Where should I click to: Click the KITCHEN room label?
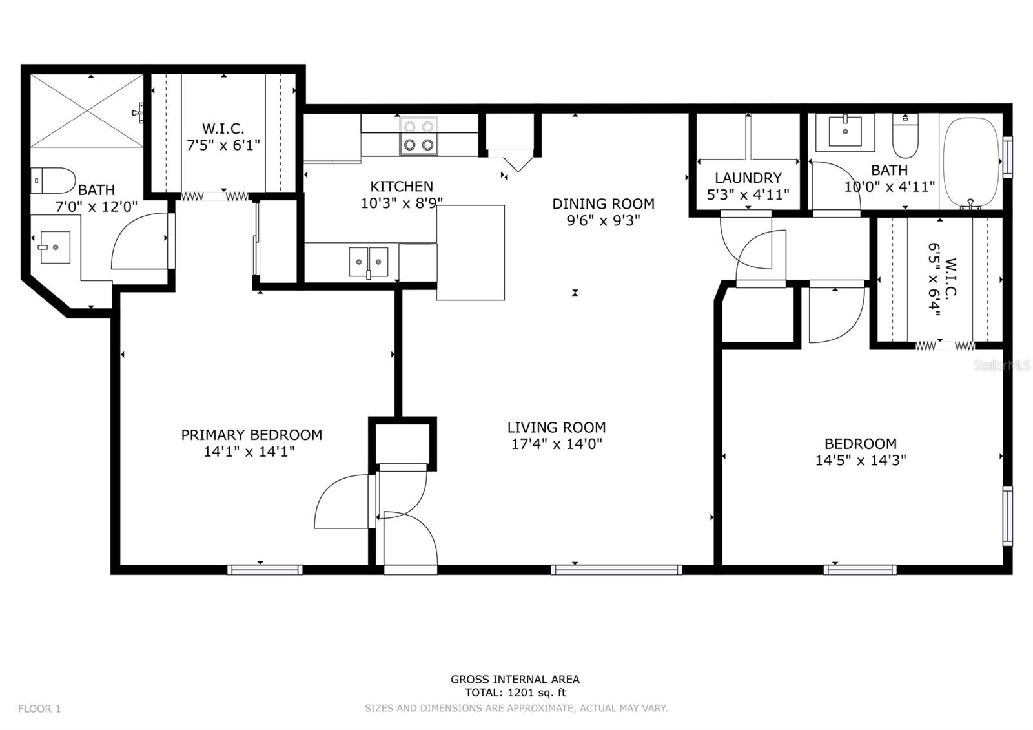[402, 187]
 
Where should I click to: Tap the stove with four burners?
[419, 136]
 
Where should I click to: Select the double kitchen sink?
[369, 262]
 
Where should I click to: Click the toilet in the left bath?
[53, 180]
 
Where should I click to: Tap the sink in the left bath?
[56, 247]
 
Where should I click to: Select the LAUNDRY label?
[748, 178]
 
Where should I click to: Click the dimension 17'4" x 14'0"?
[557, 444]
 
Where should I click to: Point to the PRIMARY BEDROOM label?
[251, 435]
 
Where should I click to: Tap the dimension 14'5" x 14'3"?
[861, 460]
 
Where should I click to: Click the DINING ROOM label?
[603, 203]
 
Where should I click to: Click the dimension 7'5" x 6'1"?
[223, 145]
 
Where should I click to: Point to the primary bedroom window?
[265, 570]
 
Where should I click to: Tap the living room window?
[616, 570]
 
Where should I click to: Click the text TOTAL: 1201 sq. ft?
[515, 693]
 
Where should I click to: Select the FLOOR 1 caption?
[39, 709]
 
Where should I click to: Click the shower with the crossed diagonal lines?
[87, 110]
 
